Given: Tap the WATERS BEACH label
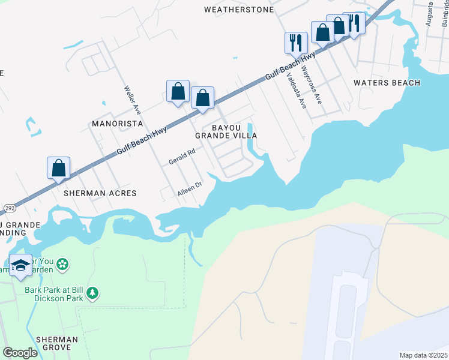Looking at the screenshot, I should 387,83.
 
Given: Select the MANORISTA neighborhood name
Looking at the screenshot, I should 116,124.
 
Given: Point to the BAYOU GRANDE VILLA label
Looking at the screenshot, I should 226,132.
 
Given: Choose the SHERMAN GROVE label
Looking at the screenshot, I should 56,343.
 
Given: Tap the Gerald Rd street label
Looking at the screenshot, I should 182,157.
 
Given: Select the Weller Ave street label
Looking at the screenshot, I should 132,101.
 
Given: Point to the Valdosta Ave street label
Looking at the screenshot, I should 297,91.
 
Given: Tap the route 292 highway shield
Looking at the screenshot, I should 10,208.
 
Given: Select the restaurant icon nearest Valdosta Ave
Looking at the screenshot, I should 295,43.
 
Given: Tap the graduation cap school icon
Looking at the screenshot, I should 20,265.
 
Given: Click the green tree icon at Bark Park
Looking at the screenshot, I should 92,293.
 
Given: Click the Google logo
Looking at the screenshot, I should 20,353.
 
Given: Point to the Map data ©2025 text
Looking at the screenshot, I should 423,355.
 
